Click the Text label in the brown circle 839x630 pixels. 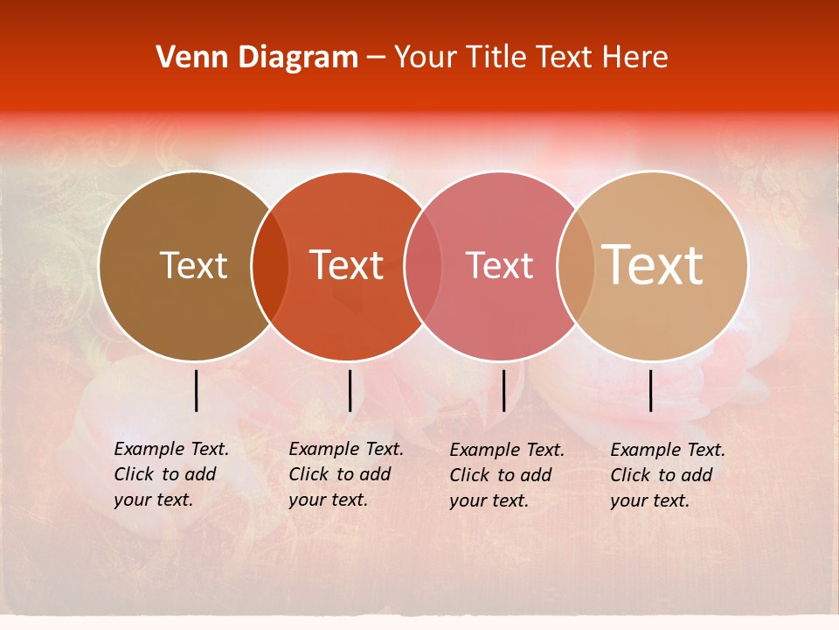[x=193, y=265]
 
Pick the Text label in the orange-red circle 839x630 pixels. [x=347, y=265]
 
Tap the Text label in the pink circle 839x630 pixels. [x=499, y=265]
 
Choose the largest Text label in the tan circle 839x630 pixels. [x=653, y=265]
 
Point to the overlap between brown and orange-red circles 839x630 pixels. [x=269, y=266]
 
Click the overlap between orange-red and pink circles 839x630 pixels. [x=423, y=266]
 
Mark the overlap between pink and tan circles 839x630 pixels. [x=575, y=266]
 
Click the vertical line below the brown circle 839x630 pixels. [x=197, y=390]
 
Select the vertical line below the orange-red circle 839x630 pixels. [x=350, y=390]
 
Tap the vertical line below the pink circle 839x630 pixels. [x=503, y=390]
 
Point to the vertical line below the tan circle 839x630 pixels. [x=651, y=390]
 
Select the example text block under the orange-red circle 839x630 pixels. [x=346, y=474]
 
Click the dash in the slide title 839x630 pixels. [x=376, y=59]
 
